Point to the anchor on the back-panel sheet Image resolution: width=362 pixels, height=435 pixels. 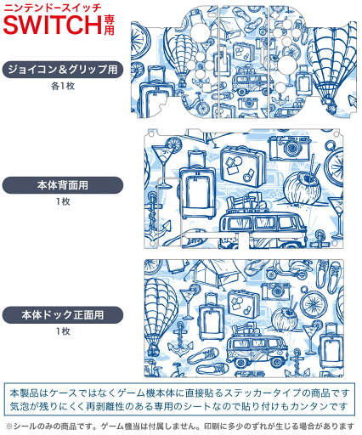pos(158,227)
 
